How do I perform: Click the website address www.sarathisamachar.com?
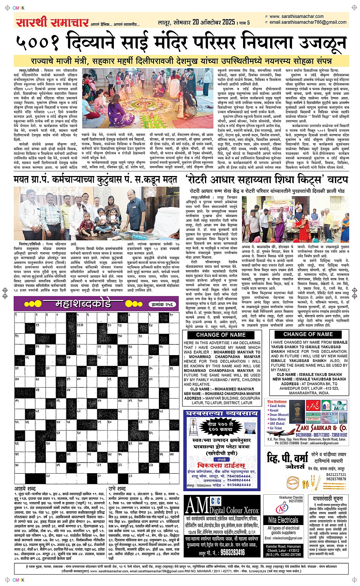coord(296,16)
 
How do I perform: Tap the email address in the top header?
coord(307,22)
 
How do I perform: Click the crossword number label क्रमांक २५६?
coord(162,304)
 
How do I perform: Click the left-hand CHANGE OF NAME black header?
coord(221,335)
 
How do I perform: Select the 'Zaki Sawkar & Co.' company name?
coord(322,427)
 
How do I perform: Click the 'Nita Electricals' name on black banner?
coord(283,520)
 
